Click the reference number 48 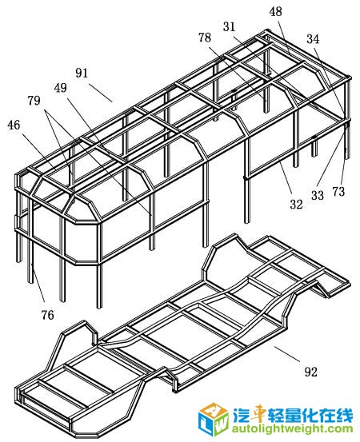[275, 11]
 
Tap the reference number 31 [229, 27]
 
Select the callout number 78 [205, 38]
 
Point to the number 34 [313, 39]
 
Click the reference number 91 [82, 73]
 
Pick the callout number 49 [61, 88]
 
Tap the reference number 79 [34, 101]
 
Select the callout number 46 [14, 125]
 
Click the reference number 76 [47, 315]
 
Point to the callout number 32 [296, 204]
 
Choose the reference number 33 [318, 195]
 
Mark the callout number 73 [338, 192]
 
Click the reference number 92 [311, 372]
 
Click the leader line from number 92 [287, 354]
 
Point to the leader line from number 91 [102, 93]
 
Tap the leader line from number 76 [38, 283]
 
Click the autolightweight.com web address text [292, 429]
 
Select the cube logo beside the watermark [214, 419]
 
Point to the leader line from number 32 [285, 176]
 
